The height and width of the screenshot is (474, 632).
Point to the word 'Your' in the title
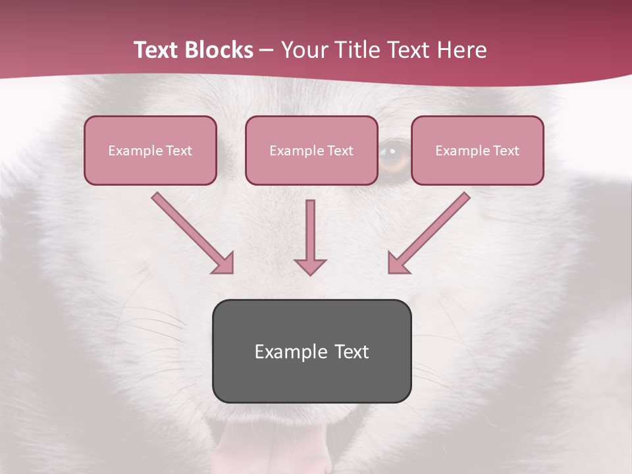pos(302,50)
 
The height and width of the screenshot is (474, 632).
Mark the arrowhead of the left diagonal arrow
pos(224,264)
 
